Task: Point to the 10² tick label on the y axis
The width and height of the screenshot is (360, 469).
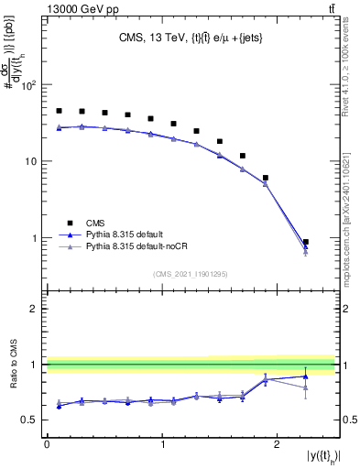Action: pos(27,85)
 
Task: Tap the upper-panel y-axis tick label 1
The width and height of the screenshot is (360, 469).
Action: pos(34,239)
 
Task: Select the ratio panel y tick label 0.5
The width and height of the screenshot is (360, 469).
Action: pos(29,420)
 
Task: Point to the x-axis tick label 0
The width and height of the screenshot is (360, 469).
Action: pos(47,443)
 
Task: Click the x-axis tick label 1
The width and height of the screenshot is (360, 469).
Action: pos(162,443)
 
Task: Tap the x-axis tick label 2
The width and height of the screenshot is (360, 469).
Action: pos(278,443)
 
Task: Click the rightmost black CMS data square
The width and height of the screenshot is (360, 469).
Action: pos(306,242)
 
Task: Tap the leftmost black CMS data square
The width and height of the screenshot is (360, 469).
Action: pos(59,111)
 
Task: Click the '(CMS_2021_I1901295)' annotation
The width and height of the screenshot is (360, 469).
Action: pos(191,273)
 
